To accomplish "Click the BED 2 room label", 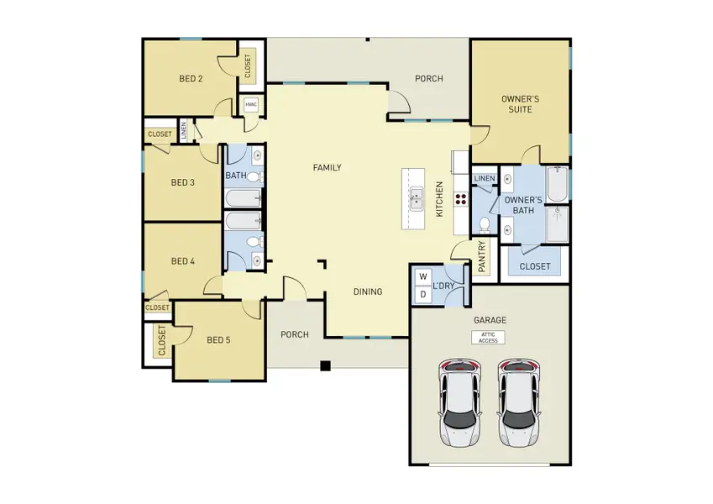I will (x=191, y=79).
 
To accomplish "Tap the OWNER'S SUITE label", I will (x=520, y=104).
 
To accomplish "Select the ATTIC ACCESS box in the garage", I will (x=488, y=337).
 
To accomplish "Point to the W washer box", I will (x=422, y=276).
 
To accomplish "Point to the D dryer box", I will (x=422, y=294).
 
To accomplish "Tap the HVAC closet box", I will (x=250, y=105).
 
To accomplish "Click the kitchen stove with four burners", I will (x=461, y=200).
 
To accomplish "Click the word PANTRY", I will (x=481, y=258).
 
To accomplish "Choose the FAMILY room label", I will (x=327, y=168).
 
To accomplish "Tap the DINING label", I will (x=367, y=292).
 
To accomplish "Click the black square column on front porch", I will (x=326, y=365).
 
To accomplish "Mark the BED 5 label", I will (x=218, y=340).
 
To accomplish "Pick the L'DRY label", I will (x=443, y=286).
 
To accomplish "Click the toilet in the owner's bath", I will (x=485, y=224).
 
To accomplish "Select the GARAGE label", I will (x=489, y=320).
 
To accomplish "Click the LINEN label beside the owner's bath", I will (x=484, y=179).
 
